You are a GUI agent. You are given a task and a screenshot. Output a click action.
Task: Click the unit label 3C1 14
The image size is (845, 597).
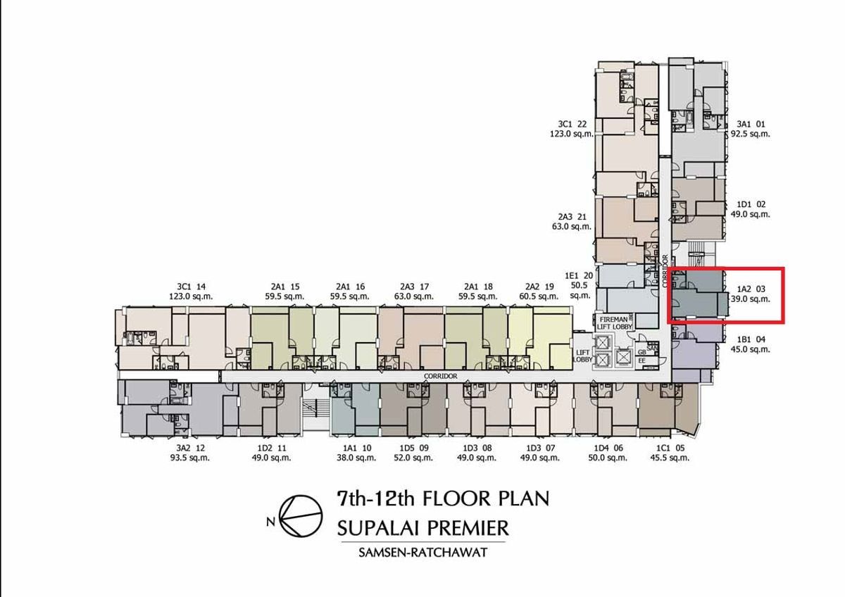[x=192, y=287]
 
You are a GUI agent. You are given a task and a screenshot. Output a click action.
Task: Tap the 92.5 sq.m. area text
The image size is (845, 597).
[x=749, y=134]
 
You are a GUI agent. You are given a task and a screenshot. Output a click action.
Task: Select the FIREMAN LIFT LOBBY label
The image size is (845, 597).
[x=614, y=323]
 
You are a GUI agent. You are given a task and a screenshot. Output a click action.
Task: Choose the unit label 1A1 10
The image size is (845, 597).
[x=357, y=448]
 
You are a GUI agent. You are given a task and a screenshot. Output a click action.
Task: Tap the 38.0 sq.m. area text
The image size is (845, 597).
[x=356, y=458]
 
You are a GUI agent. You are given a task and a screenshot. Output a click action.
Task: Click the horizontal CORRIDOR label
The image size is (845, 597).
[x=440, y=376]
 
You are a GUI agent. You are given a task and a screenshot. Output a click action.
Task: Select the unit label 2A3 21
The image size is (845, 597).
[x=572, y=217]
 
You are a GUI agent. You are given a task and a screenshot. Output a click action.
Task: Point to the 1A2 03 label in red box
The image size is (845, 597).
[x=751, y=289]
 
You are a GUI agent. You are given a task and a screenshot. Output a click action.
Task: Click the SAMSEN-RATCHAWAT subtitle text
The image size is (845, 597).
[x=423, y=553]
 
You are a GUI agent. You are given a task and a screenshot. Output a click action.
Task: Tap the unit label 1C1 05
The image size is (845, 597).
[x=670, y=448]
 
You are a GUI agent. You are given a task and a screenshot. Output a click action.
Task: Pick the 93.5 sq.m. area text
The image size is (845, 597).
[x=189, y=458]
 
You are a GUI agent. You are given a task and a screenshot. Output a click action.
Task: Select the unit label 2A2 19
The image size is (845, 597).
[x=539, y=287]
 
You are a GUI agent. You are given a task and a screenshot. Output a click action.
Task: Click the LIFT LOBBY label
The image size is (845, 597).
[x=582, y=356]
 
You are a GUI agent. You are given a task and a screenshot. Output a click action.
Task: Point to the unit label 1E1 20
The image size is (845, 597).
[x=579, y=276]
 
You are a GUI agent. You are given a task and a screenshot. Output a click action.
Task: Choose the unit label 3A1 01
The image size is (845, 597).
[x=751, y=124]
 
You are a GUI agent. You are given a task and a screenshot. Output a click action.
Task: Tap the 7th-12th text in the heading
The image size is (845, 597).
[x=376, y=499]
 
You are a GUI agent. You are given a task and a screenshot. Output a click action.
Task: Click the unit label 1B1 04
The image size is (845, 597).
[x=751, y=339]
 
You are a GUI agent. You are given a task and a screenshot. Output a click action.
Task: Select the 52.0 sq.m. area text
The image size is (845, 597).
[x=413, y=458]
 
